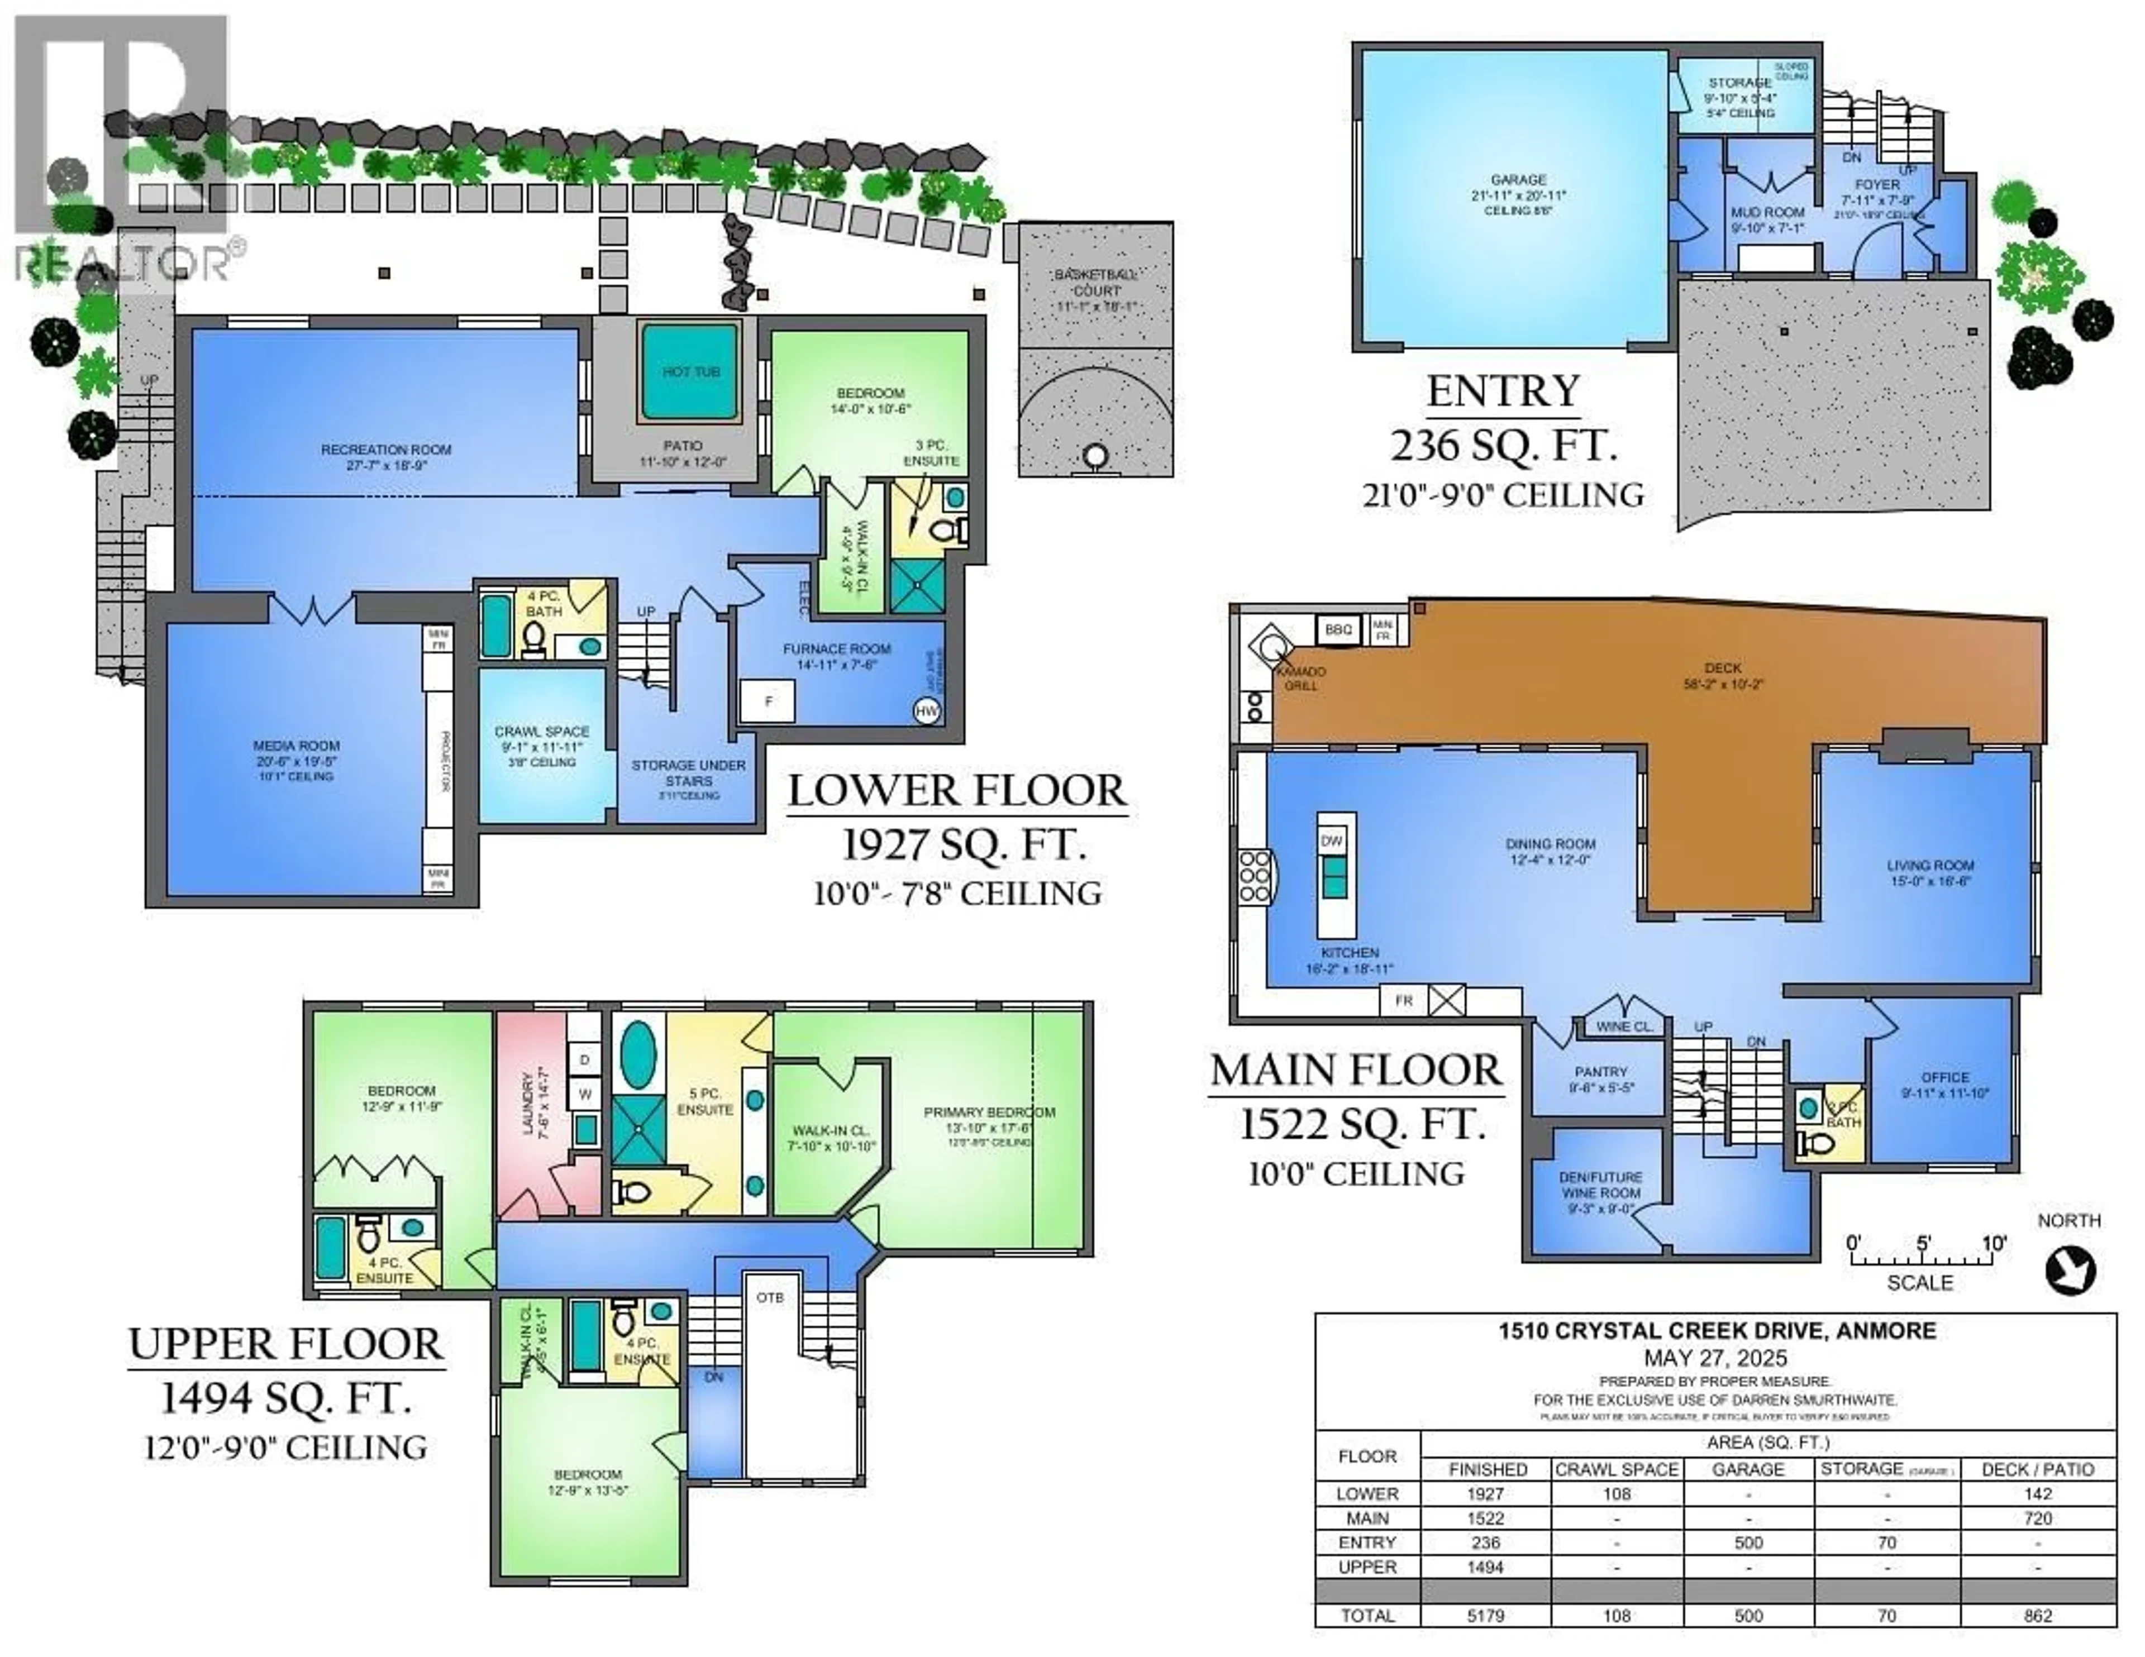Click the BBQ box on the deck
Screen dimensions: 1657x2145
(x=1338, y=629)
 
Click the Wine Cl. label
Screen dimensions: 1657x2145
(x=1624, y=1026)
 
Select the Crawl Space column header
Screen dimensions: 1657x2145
(x=1617, y=1469)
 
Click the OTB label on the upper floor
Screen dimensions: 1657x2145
(x=770, y=1297)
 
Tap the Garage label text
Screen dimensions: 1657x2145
(x=1518, y=180)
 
